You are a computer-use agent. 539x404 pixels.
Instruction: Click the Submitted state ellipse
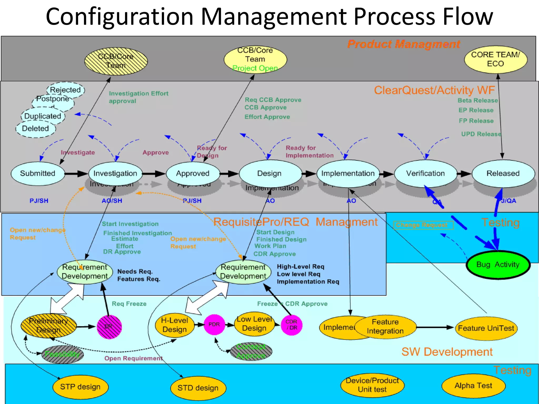point(38,173)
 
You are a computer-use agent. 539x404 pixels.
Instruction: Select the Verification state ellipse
point(425,173)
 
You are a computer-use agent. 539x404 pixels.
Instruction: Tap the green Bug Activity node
point(498,265)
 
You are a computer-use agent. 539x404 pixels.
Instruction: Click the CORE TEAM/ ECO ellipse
point(495,59)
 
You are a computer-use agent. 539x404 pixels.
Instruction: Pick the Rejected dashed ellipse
point(66,90)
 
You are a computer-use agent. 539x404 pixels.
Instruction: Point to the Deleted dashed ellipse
point(36,129)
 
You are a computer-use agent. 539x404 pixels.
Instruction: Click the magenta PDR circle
point(214,325)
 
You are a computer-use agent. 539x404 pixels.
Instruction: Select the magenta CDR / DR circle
point(291,325)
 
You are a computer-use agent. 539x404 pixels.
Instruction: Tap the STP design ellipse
point(80,387)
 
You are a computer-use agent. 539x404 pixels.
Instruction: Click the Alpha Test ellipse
point(473,386)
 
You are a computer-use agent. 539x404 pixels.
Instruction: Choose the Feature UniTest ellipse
point(486,328)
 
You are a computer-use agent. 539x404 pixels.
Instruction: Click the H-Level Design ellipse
point(174,325)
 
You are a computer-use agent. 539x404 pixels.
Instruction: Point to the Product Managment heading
point(404,44)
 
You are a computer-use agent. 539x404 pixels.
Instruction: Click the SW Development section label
point(447,352)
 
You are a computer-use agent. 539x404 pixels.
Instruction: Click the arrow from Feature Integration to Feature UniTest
point(436,327)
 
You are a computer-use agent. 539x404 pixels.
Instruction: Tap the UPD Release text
point(481,134)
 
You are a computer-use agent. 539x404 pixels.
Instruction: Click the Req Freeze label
point(129,304)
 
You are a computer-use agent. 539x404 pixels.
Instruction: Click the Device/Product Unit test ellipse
point(372,385)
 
